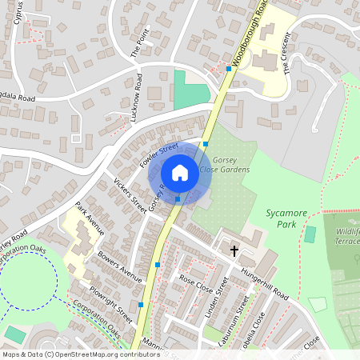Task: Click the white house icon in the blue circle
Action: (x=180, y=173)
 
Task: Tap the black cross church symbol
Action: (x=235, y=251)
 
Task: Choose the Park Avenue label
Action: (x=90, y=218)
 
